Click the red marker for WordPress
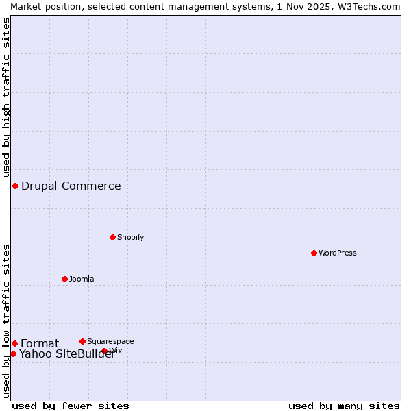(x=314, y=253)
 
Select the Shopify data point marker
(x=112, y=237)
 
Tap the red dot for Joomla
(x=64, y=279)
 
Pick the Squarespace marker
(x=82, y=341)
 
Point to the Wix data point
(x=105, y=351)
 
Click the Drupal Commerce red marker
(x=15, y=186)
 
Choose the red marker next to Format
(x=14, y=343)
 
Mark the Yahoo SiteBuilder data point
(x=13, y=353)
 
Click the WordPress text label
(x=338, y=253)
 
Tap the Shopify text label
(x=130, y=237)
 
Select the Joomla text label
(x=82, y=279)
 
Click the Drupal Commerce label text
(x=71, y=186)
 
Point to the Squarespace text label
(x=110, y=341)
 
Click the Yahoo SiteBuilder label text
(x=66, y=353)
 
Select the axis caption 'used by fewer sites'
(x=71, y=406)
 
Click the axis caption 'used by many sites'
(x=344, y=406)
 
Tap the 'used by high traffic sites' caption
(x=6, y=97)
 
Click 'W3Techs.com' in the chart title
(x=366, y=6)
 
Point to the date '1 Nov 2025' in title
(x=301, y=6)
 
